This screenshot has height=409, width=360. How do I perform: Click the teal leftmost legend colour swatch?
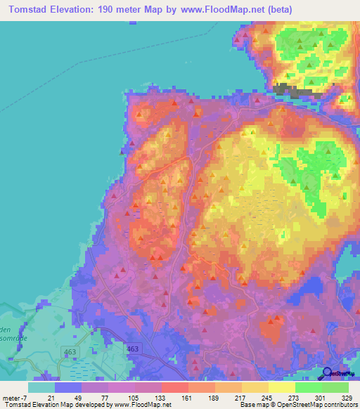point(41,387)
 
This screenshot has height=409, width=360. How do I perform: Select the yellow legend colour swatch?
point(281,387)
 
